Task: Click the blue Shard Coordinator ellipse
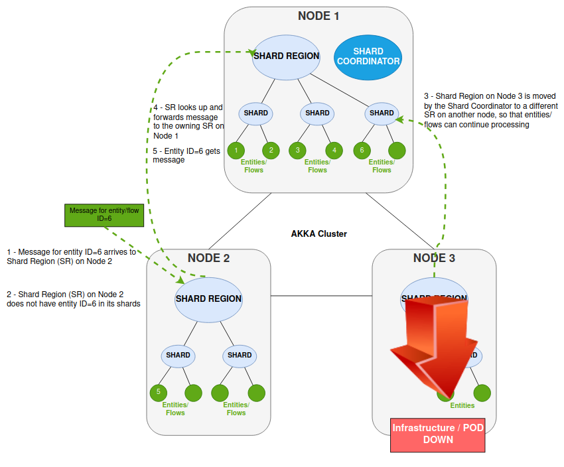point(368,56)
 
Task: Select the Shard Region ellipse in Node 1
point(286,56)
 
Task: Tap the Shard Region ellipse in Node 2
point(208,299)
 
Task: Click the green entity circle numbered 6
point(362,151)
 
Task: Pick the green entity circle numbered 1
point(236,151)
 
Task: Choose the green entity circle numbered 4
point(334,151)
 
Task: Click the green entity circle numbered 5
point(159,392)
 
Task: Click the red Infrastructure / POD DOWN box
point(437,434)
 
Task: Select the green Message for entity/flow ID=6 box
point(104,214)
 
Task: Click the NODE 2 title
point(208,258)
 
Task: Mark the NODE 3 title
point(434,258)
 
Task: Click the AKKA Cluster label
point(318,234)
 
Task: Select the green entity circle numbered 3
point(299,151)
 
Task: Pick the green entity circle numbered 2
point(271,151)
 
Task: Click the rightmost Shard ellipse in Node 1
point(382,113)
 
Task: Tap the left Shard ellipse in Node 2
point(178,356)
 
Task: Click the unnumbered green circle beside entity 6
point(397,151)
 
